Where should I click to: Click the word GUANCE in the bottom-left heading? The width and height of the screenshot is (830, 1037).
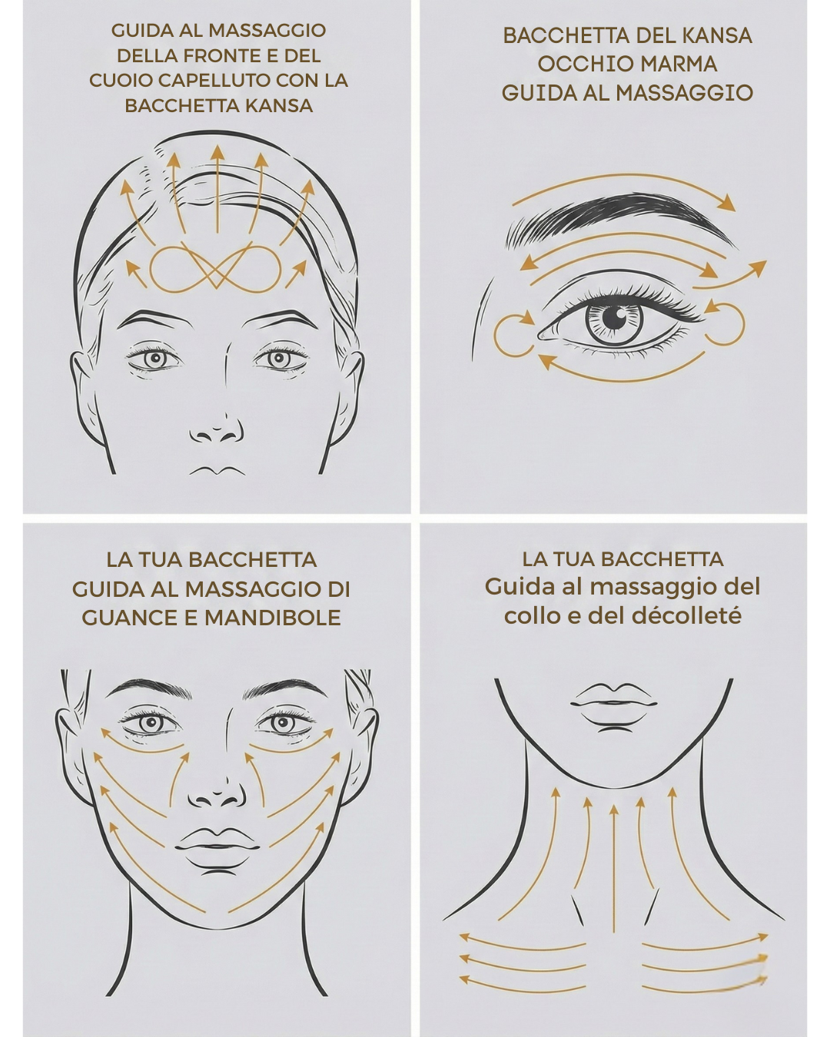(x=128, y=618)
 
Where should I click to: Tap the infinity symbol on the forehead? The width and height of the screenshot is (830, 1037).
(x=216, y=269)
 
